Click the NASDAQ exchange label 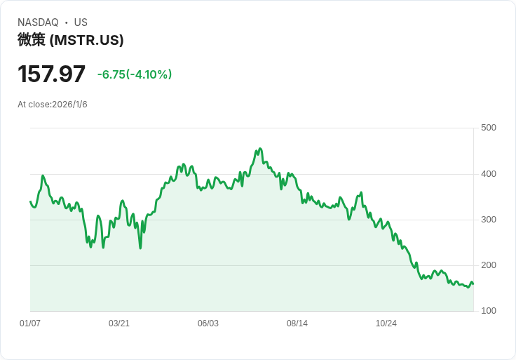38,22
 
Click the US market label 81,22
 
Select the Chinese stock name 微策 32,40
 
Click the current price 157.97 51,74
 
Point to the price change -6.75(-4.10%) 135,74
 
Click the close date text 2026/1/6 69,105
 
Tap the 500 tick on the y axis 489,128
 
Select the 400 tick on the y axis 489,174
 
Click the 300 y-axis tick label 489,220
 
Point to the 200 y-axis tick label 489,265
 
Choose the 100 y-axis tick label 489,311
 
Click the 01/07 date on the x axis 30,324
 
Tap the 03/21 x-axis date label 119,324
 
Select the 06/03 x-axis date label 208,324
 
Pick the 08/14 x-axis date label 297,324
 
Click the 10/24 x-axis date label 386,324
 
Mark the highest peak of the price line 259,149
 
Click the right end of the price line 473,284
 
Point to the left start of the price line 30,202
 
